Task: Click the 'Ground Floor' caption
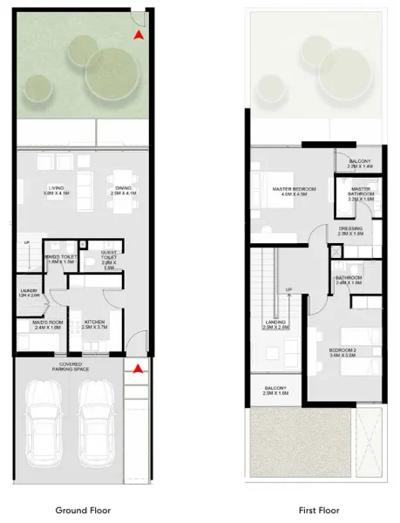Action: click(83, 510)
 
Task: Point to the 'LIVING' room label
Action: click(56, 190)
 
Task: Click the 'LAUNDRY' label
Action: click(27, 293)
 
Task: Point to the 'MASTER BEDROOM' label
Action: click(294, 191)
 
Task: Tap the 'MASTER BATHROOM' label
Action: click(363, 194)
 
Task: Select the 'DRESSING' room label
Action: click(351, 231)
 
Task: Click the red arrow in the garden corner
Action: click(138, 35)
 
